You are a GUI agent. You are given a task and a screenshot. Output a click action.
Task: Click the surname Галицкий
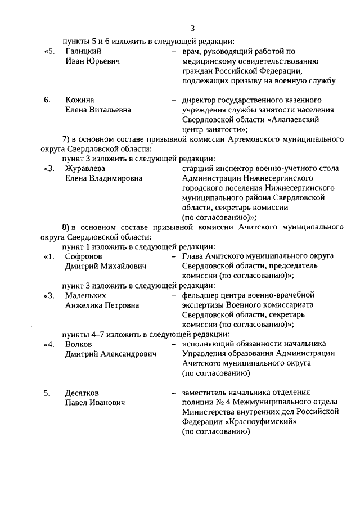83,51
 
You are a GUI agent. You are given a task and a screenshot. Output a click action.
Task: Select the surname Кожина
79,100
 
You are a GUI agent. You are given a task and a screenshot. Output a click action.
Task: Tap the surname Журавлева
85,168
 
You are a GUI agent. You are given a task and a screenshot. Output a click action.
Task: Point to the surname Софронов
83,256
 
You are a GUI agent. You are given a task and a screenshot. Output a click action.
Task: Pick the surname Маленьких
85,295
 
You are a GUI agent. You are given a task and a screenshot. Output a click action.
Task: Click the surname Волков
78,344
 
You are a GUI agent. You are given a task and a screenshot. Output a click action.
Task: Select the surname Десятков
83,393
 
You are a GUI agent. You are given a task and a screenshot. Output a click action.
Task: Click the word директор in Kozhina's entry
200,100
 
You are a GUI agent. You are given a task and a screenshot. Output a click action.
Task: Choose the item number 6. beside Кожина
47,100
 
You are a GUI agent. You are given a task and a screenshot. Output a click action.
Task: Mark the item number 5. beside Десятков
47,393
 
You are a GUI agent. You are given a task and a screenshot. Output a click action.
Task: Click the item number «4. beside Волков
49,344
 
